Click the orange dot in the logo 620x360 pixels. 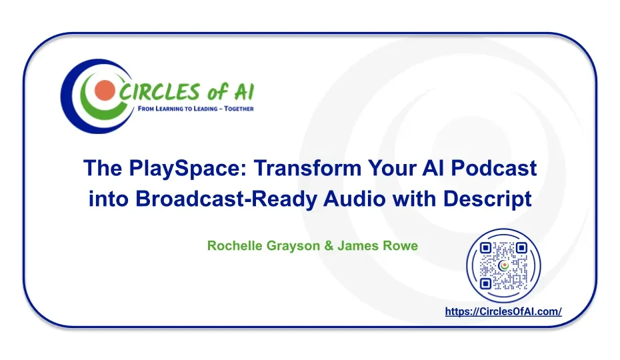click(x=105, y=90)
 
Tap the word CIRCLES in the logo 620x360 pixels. click(x=158, y=92)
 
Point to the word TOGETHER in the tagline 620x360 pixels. click(x=239, y=109)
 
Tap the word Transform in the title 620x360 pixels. click(x=307, y=168)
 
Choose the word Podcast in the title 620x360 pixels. click(x=493, y=168)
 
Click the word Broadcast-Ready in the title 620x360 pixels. click(x=226, y=199)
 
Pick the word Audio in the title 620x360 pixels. click(x=354, y=199)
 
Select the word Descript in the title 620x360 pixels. click(x=487, y=199)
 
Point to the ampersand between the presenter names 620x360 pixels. click(x=329, y=246)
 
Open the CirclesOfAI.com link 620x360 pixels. click(x=503, y=312)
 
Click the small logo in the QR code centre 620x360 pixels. click(x=504, y=266)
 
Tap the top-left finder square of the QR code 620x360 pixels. click(x=485, y=248)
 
